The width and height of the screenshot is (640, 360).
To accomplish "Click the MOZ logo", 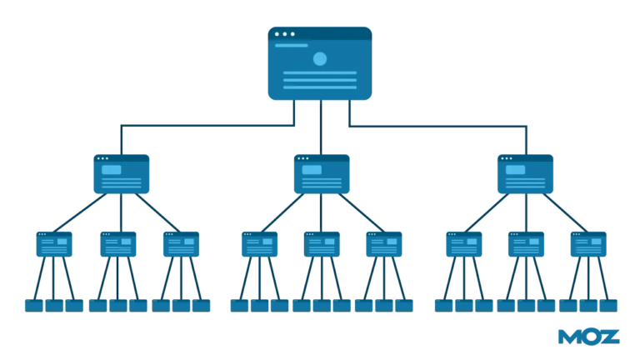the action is click(589, 337).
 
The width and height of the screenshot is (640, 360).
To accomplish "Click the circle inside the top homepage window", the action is click(320, 59).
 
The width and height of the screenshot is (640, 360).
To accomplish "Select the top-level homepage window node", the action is click(320, 63).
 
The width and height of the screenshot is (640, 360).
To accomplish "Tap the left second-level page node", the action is click(121, 174).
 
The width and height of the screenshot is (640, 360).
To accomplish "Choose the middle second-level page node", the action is click(322, 174).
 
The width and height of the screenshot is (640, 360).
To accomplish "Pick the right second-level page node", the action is click(525, 174).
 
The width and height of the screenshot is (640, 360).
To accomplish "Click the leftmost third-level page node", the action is click(54, 244).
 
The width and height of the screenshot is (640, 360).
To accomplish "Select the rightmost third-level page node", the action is click(588, 244).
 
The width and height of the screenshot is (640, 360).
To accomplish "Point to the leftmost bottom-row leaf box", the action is click(34, 306).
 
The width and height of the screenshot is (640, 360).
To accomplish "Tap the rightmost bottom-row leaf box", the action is click(608, 306).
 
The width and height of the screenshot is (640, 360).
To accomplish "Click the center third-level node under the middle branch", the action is click(322, 244).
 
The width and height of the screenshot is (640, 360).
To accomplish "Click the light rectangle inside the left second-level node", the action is click(112, 170).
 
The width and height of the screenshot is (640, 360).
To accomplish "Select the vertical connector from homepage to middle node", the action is click(321, 127).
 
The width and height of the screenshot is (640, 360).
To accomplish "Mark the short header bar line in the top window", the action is click(292, 45).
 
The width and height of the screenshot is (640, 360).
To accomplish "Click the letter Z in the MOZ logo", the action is click(610, 337).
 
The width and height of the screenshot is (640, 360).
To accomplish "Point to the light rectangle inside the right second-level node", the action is click(516, 170).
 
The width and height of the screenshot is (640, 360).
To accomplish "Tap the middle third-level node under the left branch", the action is click(118, 244).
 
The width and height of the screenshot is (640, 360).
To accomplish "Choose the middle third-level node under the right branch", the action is click(526, 244).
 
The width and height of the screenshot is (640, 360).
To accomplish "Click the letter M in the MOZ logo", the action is click(568, 337).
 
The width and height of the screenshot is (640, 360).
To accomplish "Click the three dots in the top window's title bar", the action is click(284, 34).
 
